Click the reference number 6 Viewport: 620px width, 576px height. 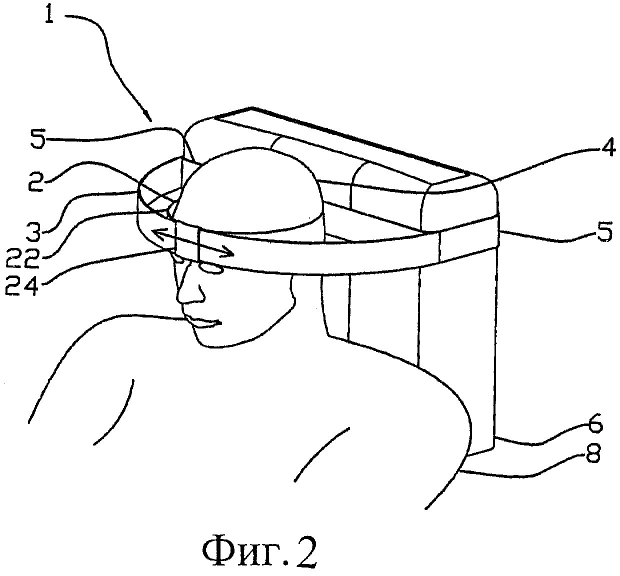595,426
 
